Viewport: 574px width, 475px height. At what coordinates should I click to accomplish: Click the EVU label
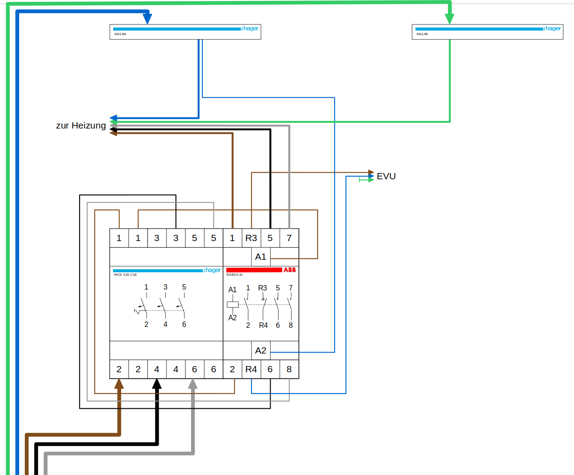point(386,177)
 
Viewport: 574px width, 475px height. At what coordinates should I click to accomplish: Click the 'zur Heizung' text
point(81,126)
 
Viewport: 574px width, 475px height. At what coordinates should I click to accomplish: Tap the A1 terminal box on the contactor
point(261,257)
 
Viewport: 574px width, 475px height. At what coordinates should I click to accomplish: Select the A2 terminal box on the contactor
point(261,350)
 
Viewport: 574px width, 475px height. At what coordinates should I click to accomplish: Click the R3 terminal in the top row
point(251,238)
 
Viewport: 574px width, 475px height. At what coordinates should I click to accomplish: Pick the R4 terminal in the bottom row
point(251,369)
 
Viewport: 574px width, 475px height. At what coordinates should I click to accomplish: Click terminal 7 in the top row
point(289,238)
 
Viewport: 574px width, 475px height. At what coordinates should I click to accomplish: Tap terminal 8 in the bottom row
point(289,369)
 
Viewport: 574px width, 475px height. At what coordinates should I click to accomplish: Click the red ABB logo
point(290,270)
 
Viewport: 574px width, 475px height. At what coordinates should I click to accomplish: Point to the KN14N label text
point(120,34)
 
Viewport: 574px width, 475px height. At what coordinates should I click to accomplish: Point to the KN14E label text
point(422,34)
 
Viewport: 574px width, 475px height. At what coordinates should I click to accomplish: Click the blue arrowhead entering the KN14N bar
point(147,19)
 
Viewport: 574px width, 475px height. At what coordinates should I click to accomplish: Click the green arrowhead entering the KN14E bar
point(450,19)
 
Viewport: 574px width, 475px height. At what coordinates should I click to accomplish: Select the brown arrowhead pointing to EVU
point(371,172)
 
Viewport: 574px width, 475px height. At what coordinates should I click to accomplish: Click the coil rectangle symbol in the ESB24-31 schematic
point(233,305)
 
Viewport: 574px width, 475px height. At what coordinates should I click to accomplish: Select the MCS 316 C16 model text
point(125,275)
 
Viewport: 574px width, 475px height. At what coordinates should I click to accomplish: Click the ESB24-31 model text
point(235,275)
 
